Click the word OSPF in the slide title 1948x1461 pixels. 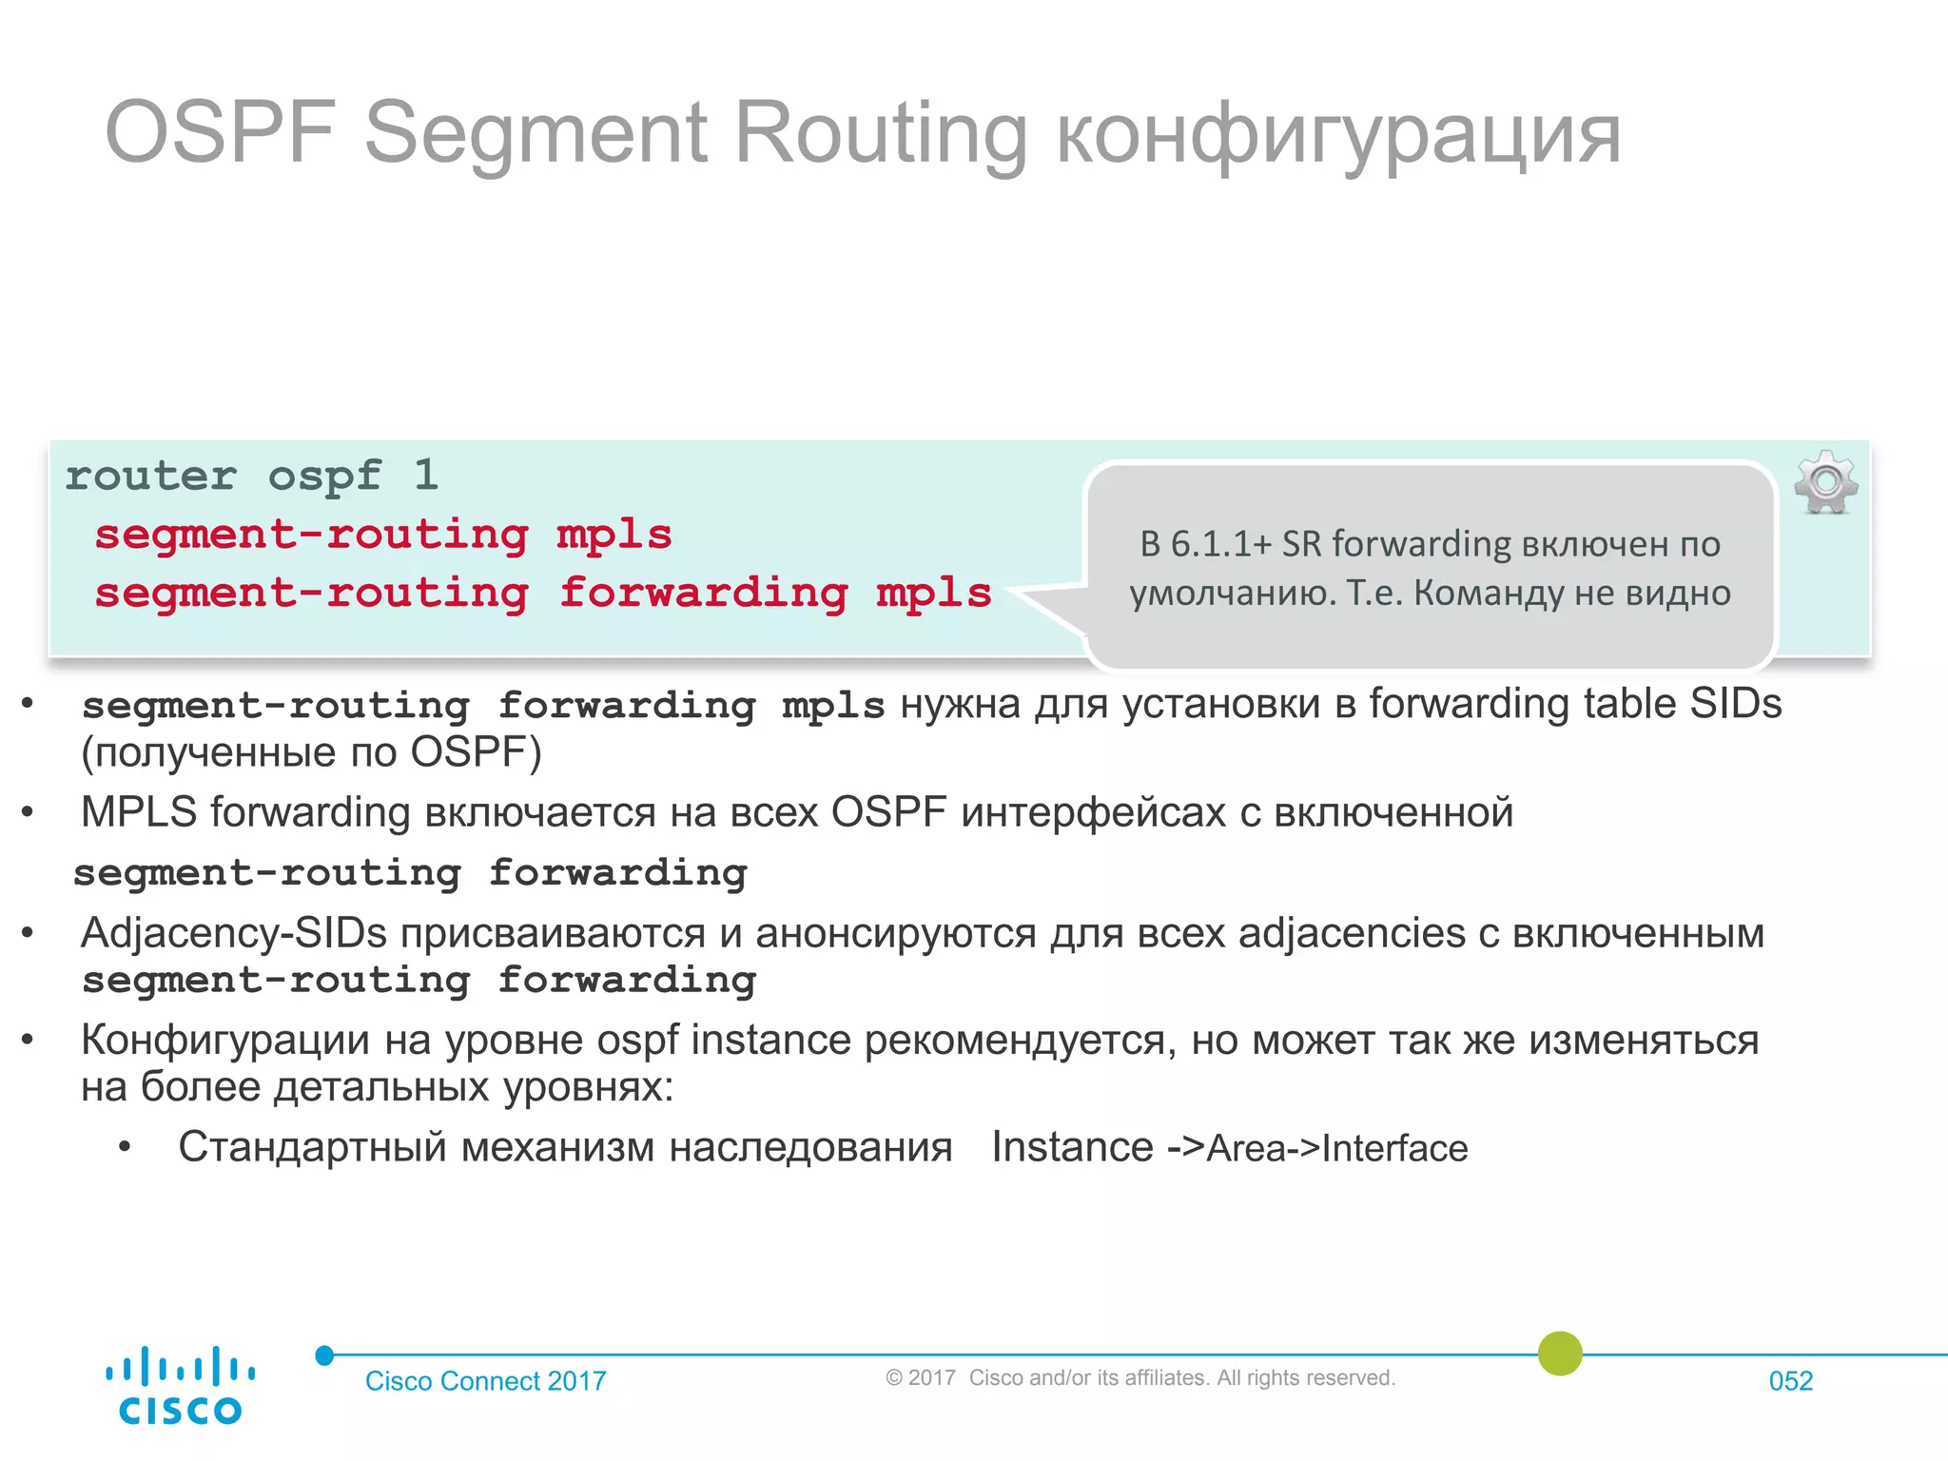pos(221,133)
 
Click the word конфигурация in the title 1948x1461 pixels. pos(1338,135)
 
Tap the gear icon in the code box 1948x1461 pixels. pos(1825,482)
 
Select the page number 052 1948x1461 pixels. pos(1790,1381)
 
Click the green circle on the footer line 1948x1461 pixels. pos(1560,1353)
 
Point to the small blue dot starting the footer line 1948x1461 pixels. pos(325,1355)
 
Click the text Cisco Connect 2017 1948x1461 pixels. pos(485,1381)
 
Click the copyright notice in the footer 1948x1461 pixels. pos(1140,1378)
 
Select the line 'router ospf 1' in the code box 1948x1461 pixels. pos(252,476)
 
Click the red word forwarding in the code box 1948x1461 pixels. pos(703,594)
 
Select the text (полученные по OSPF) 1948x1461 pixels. pos(311,753)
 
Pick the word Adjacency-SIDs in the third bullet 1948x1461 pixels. pos(234,933)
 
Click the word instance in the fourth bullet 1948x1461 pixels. pos(770,1041)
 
